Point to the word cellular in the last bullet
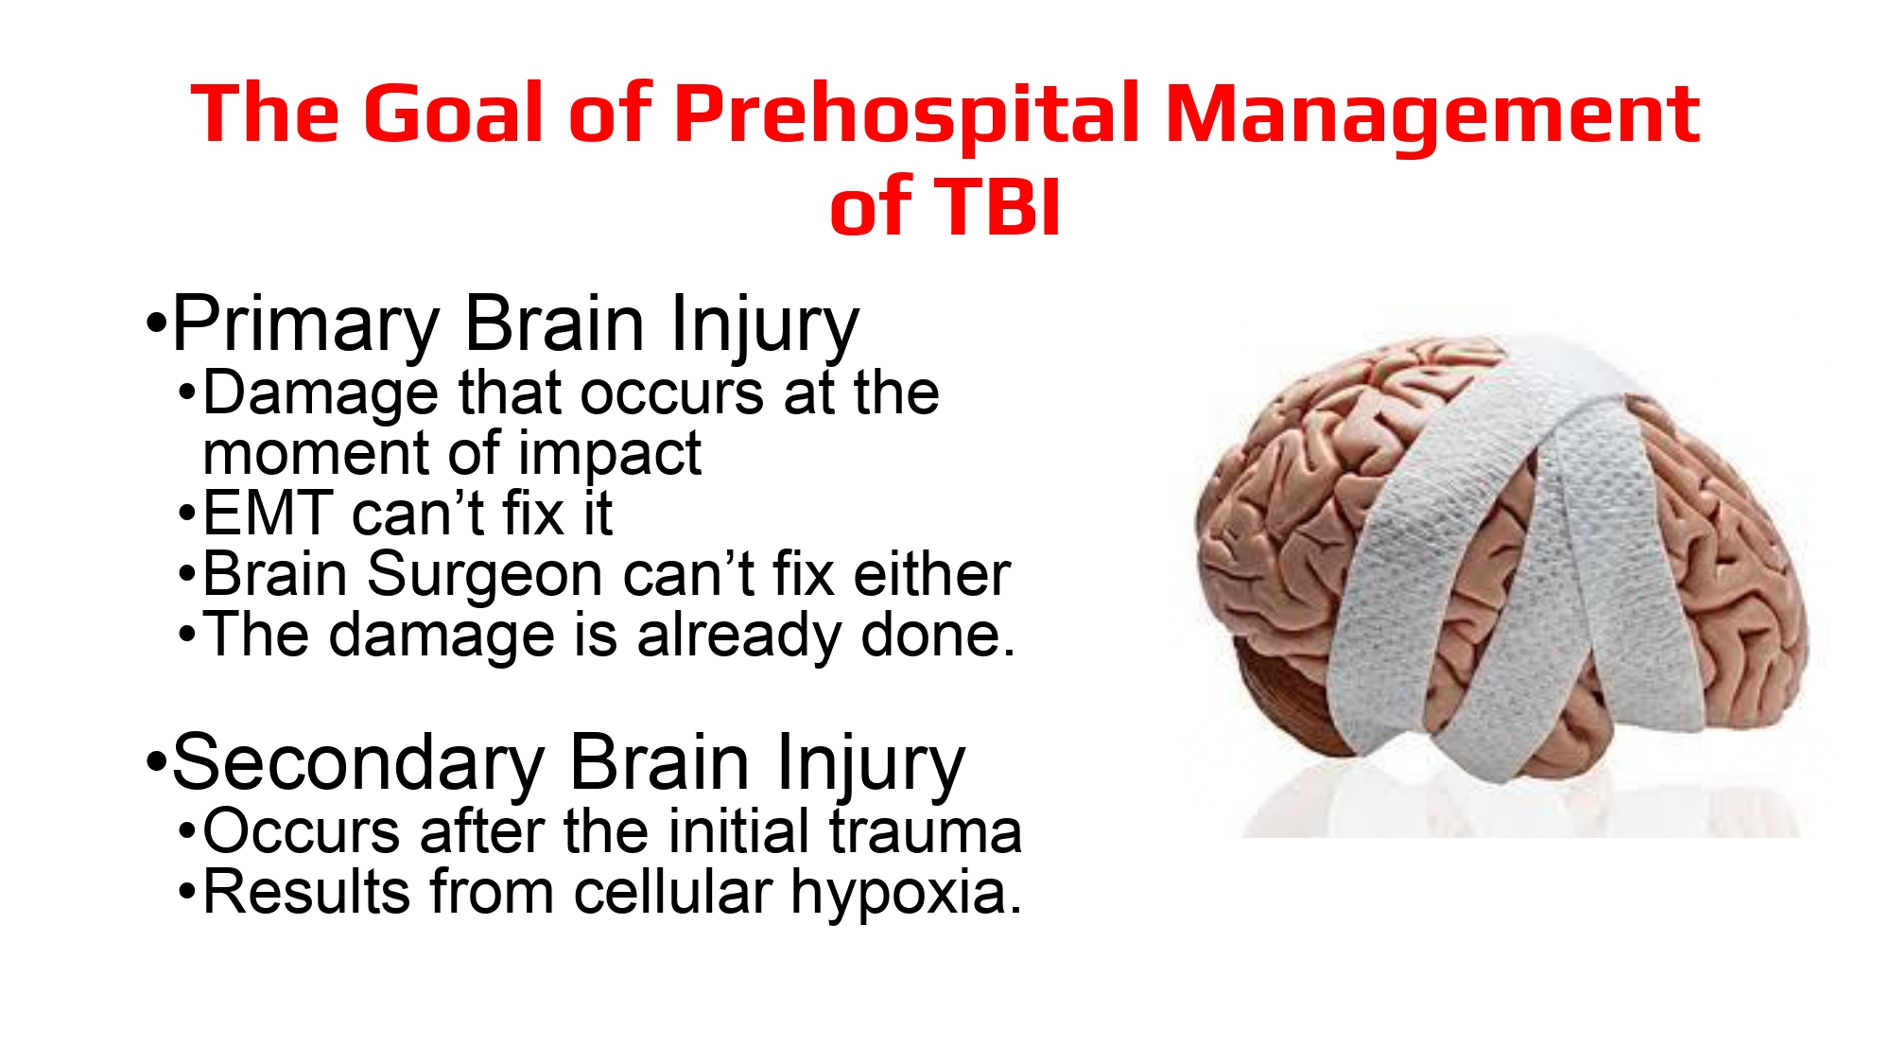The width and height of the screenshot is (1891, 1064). (673, 892)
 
